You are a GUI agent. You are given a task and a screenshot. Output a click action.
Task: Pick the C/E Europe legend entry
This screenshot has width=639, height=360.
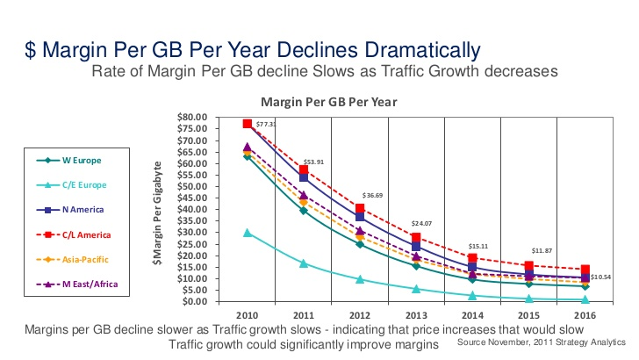(83, 184)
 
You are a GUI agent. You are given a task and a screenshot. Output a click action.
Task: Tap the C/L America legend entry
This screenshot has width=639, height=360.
(84, 234)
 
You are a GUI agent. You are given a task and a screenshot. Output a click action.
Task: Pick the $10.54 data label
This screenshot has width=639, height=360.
(601, 277)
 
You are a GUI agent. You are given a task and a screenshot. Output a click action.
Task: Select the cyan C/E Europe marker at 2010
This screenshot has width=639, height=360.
(248, 233)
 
